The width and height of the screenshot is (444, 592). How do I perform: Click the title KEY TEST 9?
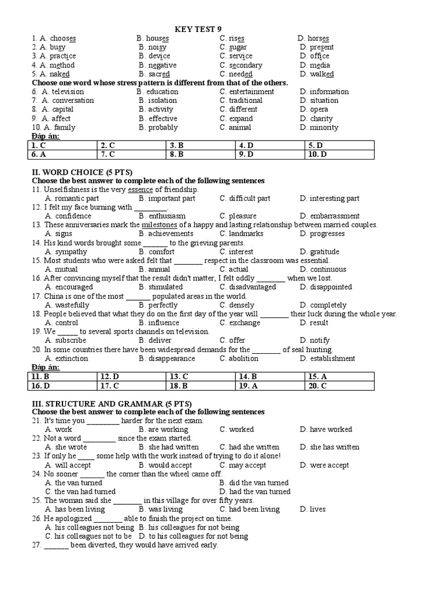(198, 29)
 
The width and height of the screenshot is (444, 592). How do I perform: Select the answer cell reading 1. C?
(62, 145)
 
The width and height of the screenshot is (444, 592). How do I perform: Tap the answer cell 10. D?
(339, 154)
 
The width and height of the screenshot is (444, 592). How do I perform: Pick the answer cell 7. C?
(131, 154)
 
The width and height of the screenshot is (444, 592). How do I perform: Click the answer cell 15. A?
(339, 376)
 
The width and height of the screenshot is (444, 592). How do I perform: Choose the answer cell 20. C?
(339, 386)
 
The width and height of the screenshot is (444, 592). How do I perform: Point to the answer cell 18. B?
(201, 386)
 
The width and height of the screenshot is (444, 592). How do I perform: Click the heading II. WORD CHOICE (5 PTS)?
(82, 172)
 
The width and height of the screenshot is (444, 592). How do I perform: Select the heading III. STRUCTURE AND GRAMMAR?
(110, 402)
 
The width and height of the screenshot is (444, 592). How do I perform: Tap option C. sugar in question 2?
(233, 47)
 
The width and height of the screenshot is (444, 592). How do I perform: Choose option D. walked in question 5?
(317, 74)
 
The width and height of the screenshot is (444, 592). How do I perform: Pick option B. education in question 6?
(157, 91)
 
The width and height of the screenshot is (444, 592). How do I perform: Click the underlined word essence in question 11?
(140, 190)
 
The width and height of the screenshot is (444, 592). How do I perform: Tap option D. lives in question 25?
(313, 509)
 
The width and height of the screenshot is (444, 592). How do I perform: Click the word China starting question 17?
(55, 296)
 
